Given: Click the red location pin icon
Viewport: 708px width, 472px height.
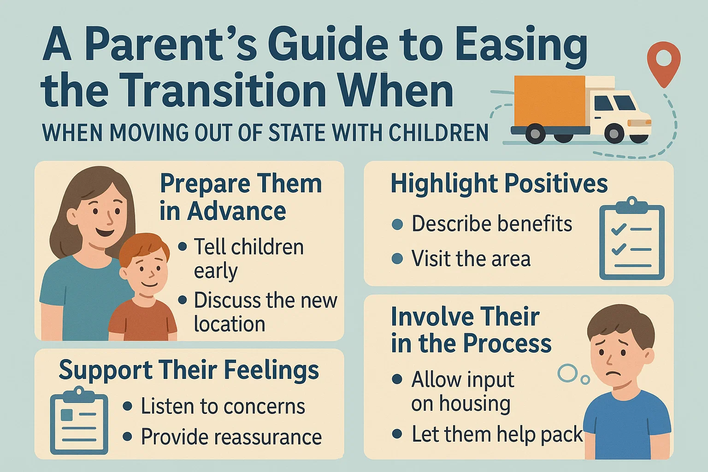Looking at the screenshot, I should (664, 62).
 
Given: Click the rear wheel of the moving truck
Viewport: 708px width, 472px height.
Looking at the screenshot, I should (535, 134).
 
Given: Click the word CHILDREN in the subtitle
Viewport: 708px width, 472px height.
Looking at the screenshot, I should (438, 133).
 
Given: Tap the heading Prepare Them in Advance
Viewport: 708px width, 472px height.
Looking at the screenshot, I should (240, 197).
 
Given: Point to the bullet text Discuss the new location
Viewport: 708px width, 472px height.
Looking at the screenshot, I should (265, 312).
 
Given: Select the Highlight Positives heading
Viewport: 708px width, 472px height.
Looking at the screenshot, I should (499, 183).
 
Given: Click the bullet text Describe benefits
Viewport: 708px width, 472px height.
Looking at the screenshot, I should (491, 224).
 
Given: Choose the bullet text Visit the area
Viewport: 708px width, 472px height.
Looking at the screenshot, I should (471, 259).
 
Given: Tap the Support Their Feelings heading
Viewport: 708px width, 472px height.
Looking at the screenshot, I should (189, 370).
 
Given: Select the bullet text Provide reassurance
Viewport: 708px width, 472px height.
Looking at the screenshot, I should (231, 437).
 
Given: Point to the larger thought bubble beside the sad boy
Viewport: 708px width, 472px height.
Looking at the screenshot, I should (567, 373).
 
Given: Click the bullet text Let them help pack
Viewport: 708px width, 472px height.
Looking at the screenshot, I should (497, 434).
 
